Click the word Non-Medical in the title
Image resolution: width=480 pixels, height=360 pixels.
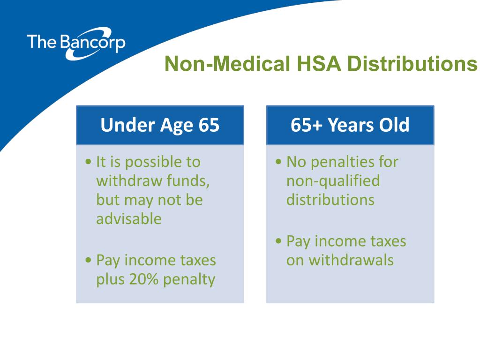pyautogui.click(x=227, y=64)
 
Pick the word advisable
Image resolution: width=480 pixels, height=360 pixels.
pyautogui.click(x=129, y=219)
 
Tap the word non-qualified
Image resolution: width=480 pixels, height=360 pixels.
pyautogui.click(x=333, y=181)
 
